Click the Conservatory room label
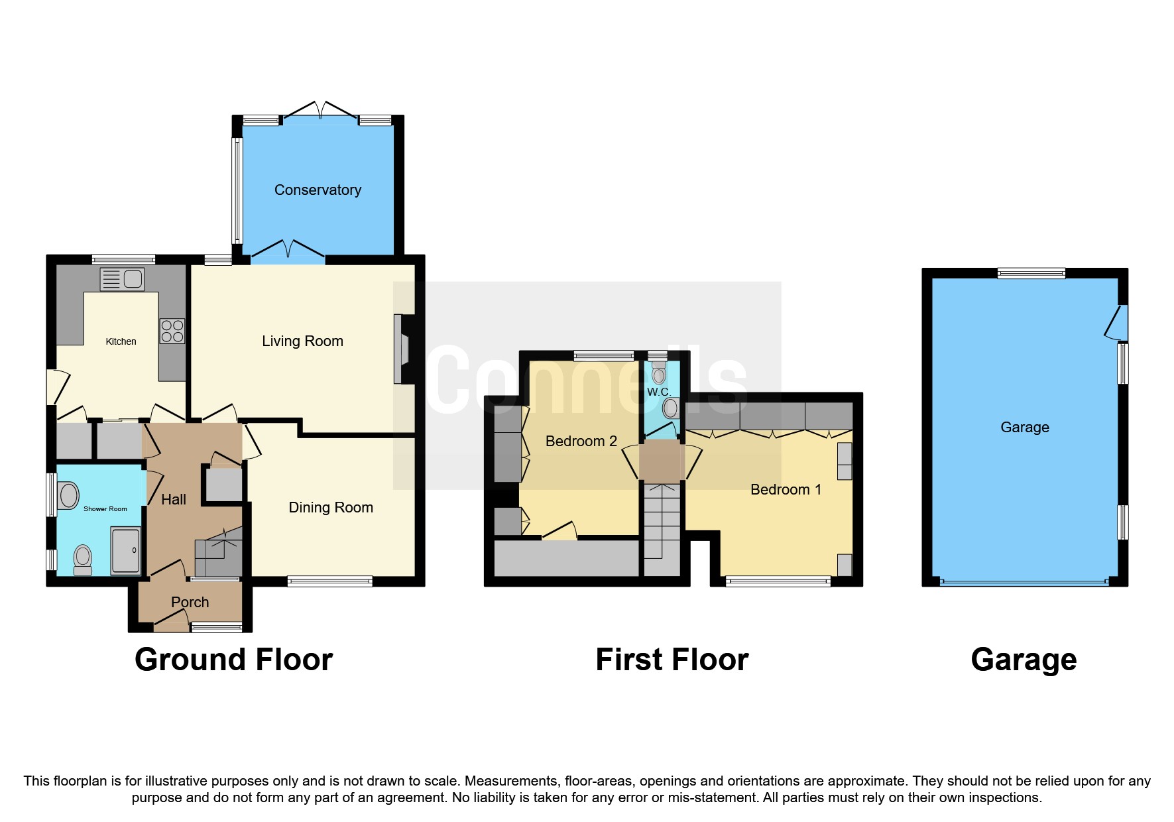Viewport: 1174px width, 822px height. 318,190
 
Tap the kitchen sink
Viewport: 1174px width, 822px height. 122,279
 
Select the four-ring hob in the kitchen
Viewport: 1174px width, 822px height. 172,331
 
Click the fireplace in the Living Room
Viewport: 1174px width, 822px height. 402,349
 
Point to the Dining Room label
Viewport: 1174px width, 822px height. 331,508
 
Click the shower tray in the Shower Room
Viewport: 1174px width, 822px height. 125,550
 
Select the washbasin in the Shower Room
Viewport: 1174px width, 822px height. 68,495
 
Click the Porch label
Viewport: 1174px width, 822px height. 190,603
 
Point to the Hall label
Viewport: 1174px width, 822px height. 174,500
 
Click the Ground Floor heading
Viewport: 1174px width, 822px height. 233,660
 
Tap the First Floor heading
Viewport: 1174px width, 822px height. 672,660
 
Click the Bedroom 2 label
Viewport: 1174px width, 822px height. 581,441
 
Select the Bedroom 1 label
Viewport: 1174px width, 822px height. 786,490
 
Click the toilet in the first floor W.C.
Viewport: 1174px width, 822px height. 658,375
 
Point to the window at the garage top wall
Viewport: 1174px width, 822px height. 1031,273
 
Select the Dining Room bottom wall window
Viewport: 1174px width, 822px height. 329,581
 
